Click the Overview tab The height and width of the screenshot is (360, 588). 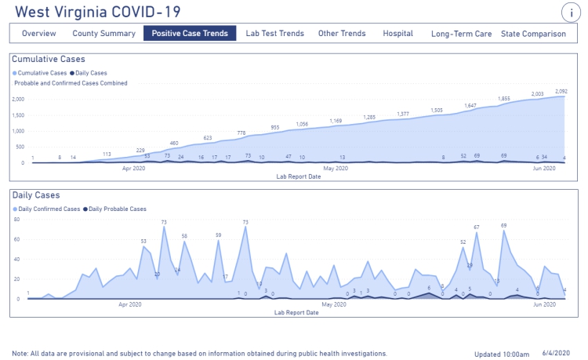[38, 34]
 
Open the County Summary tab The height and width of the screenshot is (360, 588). [103, 34]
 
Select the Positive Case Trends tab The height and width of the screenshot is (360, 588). [190, 34]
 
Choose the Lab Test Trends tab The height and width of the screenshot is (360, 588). [274, 34]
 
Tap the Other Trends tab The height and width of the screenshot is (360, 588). [342, 34]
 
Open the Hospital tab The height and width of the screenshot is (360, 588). [397, 34]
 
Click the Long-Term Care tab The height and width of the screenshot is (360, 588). [462, 34]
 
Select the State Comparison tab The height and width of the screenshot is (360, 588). [533, 34]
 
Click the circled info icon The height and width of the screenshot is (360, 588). [570, 13]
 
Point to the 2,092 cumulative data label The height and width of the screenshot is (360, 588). [561, 91]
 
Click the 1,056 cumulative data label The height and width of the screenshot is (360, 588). [302, 124]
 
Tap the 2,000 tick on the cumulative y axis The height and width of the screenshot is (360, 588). [18, 99]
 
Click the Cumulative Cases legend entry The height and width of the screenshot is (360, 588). [39, 73]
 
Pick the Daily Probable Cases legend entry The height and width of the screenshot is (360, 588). [116, 209]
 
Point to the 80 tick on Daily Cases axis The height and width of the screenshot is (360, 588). [16, 220]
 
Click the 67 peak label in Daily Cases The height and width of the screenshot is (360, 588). [476, 227]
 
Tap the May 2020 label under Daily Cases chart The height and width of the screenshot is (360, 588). [335, 304]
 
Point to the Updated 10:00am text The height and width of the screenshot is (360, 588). [502, 354]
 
